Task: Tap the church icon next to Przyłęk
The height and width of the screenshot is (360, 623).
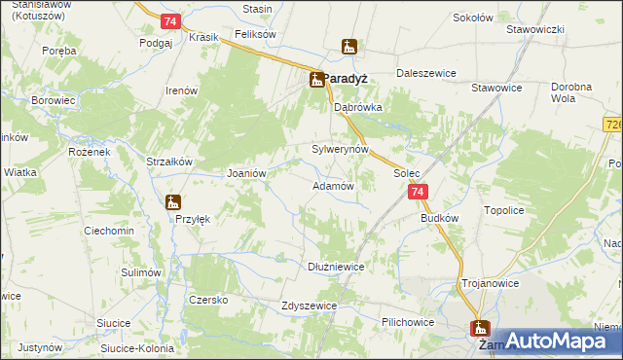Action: click(173, 202)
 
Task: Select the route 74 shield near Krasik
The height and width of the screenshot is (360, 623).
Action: click(170, 20)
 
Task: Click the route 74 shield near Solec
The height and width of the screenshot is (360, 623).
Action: click(417, 193)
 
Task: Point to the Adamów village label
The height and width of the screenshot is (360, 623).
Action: click(331, 185)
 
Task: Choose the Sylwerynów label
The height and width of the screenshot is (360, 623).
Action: click(340, 150)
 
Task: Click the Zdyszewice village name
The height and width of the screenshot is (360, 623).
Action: click(308, 305)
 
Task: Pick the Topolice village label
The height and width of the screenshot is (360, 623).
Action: click(504, 209)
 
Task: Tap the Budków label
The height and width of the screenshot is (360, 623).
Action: click(439, 219)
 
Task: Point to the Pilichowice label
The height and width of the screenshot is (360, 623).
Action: click(408, 320)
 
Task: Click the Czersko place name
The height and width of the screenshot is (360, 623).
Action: click(208, 300)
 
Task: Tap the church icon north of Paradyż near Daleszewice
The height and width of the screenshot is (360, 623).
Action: click(349, 46)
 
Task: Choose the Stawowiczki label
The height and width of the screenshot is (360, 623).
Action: click(535, 29)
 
